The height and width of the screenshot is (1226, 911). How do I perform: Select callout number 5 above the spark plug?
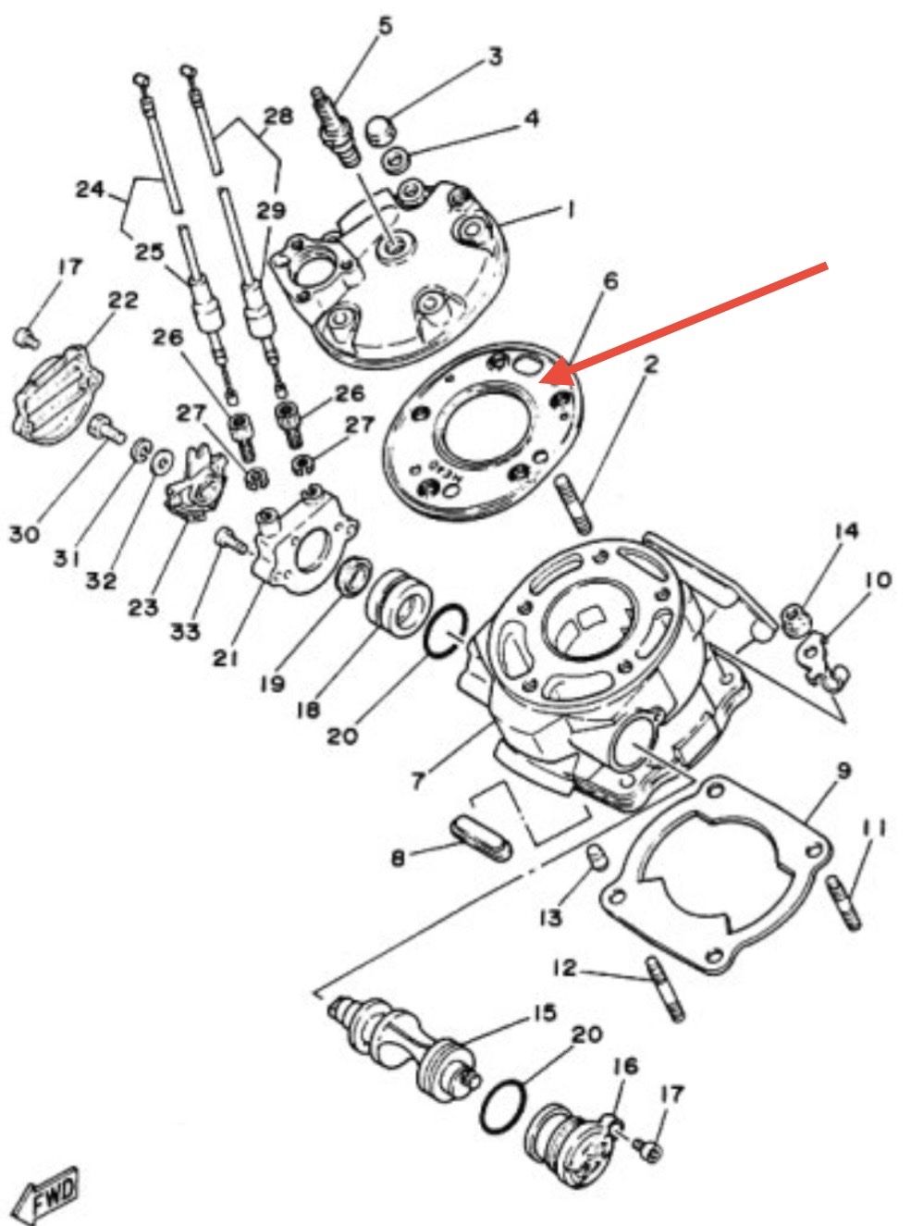pyautogui.click(x=385, y=26)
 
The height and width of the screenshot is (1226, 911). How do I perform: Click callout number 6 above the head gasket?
pyautogui.click(x=609, y=281)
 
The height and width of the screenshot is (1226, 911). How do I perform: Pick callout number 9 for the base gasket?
pyautogui.click(x=843, y=771)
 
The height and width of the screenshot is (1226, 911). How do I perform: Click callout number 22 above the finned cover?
pyautogui.click(x=123, y=302)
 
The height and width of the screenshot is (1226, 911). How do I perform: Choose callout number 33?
pyautogui.click(x=185, y=631)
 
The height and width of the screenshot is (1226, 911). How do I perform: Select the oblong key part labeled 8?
pyautogui.click(x=481, y=842)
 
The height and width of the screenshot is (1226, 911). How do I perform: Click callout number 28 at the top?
pyautogui.click(x=278, y=118)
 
